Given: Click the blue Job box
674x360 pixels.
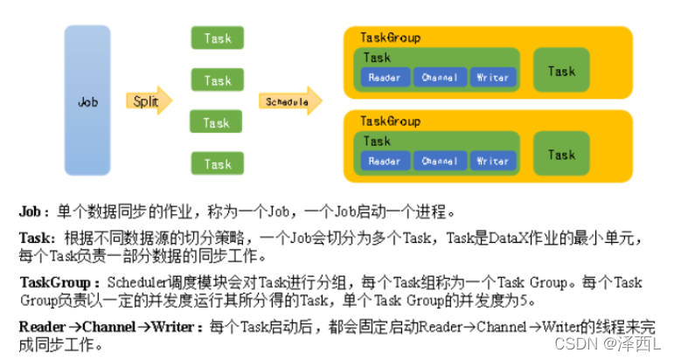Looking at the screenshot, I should point(87,100).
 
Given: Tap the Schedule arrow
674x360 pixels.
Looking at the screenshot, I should point(289,101).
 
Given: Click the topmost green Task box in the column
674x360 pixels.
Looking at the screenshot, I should point(217,38).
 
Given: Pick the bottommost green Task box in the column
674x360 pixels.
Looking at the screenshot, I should point(217,163).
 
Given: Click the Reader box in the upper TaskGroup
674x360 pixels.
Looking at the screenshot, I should point(385,78).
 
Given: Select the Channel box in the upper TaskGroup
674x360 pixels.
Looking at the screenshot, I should point(439,78).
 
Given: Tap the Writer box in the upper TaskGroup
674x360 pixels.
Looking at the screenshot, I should point(492,78).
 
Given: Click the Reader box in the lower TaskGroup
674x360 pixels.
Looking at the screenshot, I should point(385,161).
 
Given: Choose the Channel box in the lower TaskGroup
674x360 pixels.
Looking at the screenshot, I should point(439,161).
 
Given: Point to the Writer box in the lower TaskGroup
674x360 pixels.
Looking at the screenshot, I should point(492,161).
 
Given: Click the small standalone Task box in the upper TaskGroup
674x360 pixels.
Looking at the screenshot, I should point(561,72).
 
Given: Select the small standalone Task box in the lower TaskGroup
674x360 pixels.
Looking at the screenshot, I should point(561,155).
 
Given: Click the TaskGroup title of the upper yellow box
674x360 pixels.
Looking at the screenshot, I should point(390,38).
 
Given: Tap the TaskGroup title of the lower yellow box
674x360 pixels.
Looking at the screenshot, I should point(390,121).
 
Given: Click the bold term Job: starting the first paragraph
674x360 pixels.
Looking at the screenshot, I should point(33,211).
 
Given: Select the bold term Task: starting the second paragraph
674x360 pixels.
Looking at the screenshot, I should point(37,237).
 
